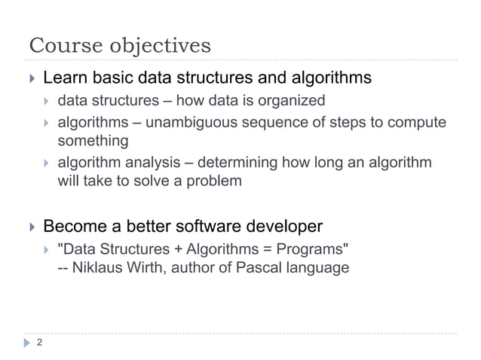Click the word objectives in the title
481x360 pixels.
pyautogui.click(x=157, y=47)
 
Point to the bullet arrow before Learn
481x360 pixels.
pyautogui.click(x=31, y=78)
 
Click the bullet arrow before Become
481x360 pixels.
pyautogui.click(x=31, y=226)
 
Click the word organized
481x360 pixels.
pyautogui.click(x=292, y=101)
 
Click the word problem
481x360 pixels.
pyautogui.click(x=216, y=181)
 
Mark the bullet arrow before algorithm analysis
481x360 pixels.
pyautogui.click(x=47, y=162)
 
